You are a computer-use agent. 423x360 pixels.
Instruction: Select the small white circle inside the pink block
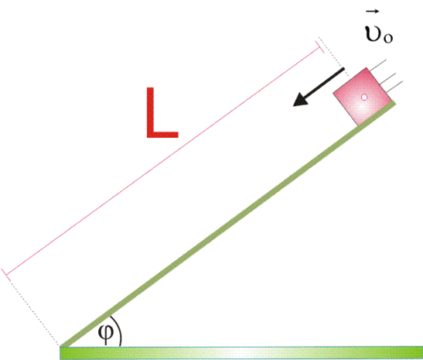tap(364, 98)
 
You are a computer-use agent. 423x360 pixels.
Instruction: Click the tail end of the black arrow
tap(343, 70)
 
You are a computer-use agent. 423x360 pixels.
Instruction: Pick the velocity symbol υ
tap(374, 33)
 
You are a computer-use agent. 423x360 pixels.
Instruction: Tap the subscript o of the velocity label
tap(388, 39)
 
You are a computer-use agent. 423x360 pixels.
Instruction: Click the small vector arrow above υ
tap(373, 12)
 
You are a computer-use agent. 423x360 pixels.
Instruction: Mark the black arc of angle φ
tap(119, 331)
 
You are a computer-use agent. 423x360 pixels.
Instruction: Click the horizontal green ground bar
tap(241, 353)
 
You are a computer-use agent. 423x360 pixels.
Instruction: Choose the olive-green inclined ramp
tap(228, 224)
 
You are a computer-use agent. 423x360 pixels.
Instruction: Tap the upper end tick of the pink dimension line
tap(319, 46)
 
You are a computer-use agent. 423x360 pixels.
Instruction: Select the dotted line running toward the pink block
tap(333, 57)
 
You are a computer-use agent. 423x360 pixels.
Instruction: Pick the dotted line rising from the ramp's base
tap(34, 312)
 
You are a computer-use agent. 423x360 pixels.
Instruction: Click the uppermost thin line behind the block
tap(377, 66)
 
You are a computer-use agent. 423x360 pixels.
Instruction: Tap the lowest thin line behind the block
tap(395, 87)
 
